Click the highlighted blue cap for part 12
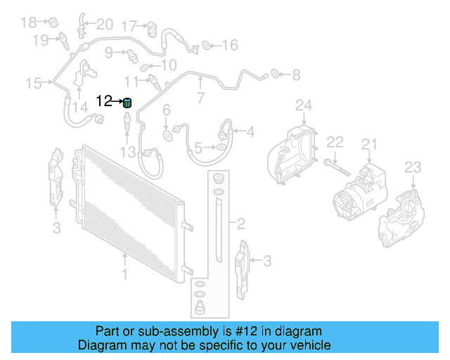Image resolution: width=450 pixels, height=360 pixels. [x=127, y=103]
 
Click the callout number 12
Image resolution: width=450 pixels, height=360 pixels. [x=104, y=101]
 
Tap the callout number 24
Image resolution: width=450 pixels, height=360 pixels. [x=302, y=106]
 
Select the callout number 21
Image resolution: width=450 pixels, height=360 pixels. [x=370, y=146]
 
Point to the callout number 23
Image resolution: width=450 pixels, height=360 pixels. [x=413, y=167]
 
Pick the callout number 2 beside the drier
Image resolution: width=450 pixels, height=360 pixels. [x=240, y=224]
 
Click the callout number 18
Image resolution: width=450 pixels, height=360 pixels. [x=27, y=22]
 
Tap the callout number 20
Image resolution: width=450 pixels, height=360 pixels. [x=104, y=25]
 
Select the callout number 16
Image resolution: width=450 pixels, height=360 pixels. [x=230, y=46]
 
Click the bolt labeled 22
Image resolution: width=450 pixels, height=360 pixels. [x=335, y=166]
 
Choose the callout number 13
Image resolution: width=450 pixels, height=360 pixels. [x=127, y=152]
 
